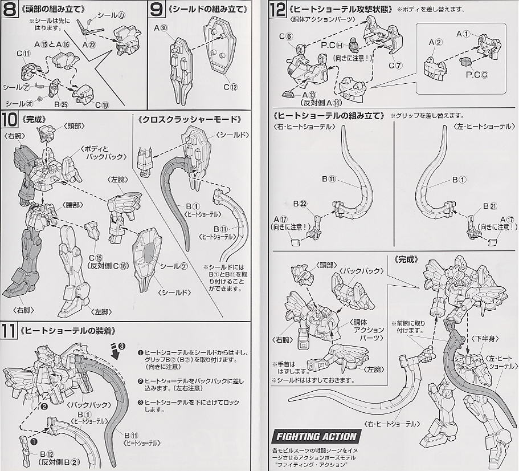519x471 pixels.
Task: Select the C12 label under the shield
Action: tap(230, 87)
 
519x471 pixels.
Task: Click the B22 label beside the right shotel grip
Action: tap(300, 204)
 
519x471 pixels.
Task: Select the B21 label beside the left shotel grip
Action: tap(489, 206)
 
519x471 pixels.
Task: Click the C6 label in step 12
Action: tap(285, 37)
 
